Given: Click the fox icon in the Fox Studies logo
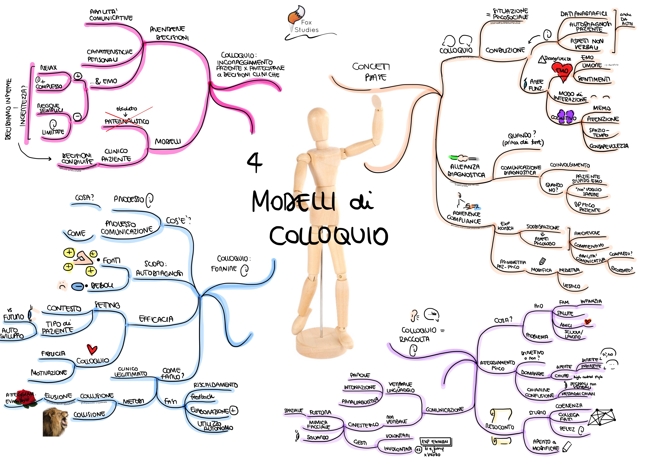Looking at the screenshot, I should point(296,16).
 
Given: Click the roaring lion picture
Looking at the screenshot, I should point(55,421).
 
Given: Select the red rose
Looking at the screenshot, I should point(27,398).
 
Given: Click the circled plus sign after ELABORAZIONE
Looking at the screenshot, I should point(233,410).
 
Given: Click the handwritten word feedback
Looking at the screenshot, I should point(202,396).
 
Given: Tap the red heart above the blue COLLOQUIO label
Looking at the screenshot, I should point(92,349).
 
